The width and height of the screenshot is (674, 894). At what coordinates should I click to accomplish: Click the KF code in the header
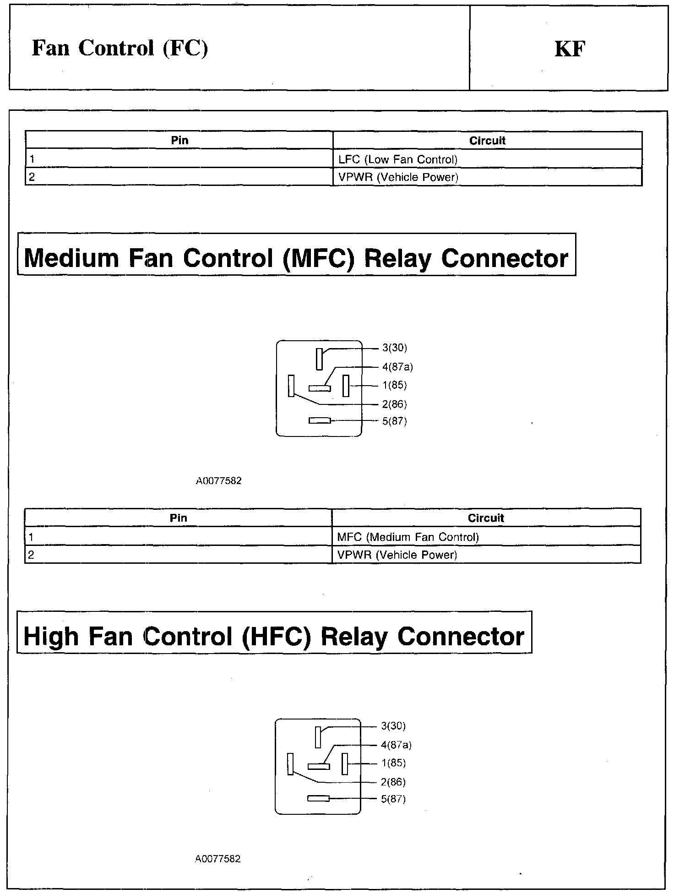570,49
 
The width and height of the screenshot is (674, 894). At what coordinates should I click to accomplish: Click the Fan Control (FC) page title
120,48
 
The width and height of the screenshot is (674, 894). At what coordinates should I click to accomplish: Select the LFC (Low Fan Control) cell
398,159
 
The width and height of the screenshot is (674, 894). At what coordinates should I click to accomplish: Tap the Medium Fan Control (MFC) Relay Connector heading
296,258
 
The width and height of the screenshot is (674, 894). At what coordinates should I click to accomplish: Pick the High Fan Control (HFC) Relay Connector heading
274,636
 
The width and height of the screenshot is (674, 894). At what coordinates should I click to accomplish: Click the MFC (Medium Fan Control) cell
408,537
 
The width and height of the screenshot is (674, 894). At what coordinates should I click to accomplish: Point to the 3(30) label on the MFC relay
395,348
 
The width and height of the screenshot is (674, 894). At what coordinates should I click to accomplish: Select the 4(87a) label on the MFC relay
397,367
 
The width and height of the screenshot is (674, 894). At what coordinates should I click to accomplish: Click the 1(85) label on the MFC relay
395,385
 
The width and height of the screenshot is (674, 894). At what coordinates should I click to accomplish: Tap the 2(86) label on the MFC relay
395,404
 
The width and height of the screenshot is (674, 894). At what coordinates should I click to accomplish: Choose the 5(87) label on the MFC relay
395,421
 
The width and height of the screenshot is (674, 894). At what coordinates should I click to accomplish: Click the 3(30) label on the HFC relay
393,726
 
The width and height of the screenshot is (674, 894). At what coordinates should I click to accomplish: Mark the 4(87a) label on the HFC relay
396,745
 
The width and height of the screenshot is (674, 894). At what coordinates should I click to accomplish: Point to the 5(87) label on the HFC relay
393,799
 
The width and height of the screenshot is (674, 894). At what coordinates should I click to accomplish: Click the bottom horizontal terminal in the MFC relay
320,420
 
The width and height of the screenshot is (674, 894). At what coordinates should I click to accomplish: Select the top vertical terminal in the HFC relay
318,737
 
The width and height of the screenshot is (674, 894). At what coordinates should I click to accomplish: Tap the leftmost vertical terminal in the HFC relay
290,764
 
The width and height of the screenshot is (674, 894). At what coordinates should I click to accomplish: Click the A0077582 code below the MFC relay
219,481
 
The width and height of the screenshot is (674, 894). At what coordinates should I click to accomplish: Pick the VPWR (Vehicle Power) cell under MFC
397,555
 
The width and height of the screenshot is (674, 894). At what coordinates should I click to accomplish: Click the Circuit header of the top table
487,141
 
